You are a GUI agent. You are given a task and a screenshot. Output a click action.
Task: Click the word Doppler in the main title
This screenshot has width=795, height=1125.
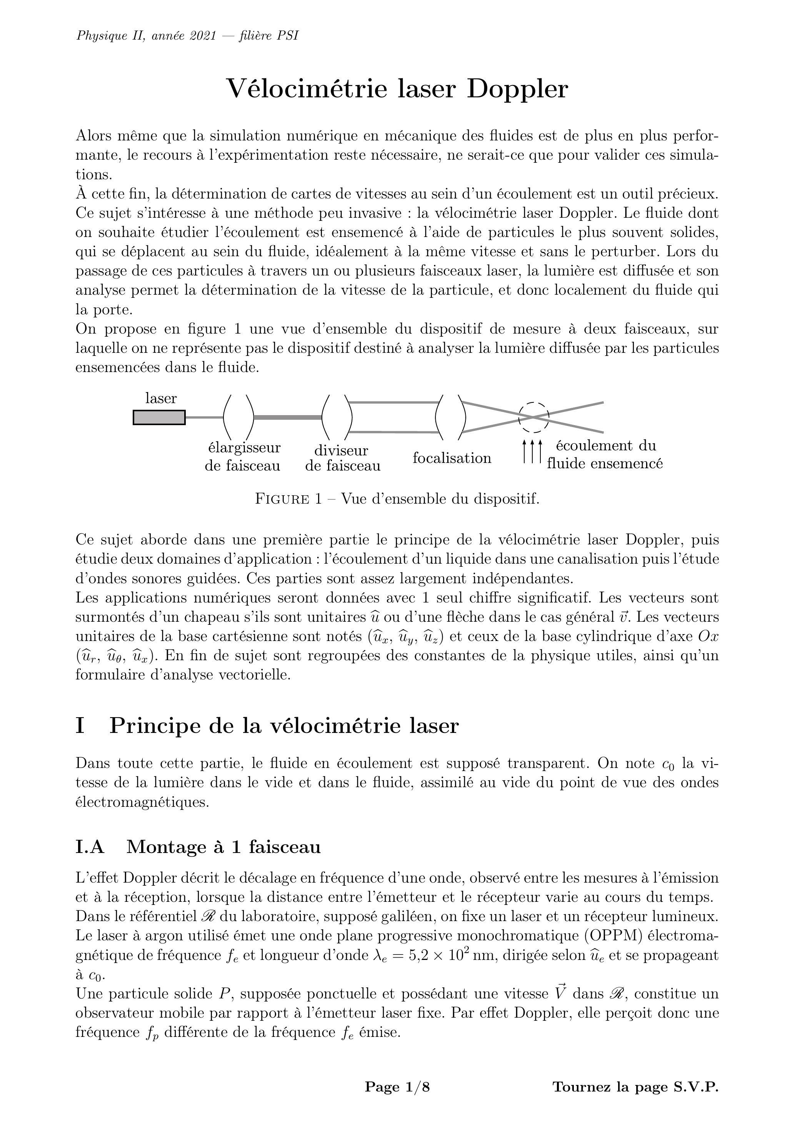click(517, 89)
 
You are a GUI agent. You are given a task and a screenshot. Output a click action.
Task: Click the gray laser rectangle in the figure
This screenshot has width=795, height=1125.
click(159, 417)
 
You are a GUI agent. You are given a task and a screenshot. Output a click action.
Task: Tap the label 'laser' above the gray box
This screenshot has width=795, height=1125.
click(161, 398)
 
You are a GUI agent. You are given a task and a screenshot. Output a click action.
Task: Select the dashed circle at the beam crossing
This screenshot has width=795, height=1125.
click(533, 417)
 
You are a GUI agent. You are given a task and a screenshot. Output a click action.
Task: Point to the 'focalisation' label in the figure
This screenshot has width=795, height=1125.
click(452, 458)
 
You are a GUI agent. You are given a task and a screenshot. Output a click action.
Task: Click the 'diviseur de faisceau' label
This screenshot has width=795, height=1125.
click(342, 458)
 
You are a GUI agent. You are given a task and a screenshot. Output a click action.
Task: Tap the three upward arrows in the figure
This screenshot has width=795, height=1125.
click(532, 451)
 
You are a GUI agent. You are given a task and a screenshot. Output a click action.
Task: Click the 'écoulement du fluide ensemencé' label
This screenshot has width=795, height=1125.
click(605, 455)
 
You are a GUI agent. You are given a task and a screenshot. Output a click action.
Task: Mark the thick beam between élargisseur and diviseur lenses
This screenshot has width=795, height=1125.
click(288, 417)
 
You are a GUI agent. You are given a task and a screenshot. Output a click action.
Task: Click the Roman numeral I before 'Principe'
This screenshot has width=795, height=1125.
click(80, 726)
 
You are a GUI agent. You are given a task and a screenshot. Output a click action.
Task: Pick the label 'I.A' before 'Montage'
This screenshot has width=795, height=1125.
click(90, 847)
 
